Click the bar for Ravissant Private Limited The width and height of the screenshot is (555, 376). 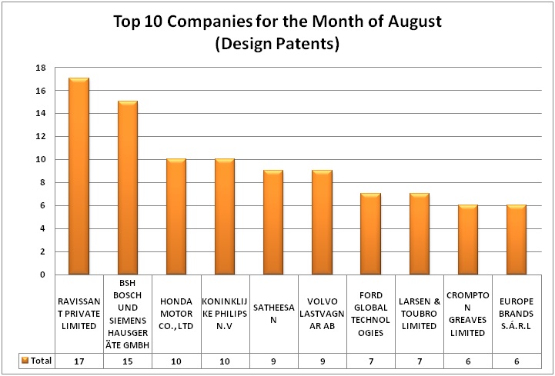point(79,176)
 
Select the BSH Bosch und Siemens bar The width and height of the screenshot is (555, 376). point(128,188)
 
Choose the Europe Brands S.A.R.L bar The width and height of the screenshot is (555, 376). point(517,239)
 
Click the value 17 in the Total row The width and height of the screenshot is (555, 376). point(79,360)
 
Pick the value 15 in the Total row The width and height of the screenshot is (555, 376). point(128,360)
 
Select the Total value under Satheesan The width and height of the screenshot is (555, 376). point(274,360)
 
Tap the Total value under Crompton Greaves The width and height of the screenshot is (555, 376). point(468,360)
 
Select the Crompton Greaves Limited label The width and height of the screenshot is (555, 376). point(468,315)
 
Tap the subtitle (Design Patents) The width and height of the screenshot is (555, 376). point(276,45)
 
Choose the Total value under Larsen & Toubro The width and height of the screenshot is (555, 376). point(420,360)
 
